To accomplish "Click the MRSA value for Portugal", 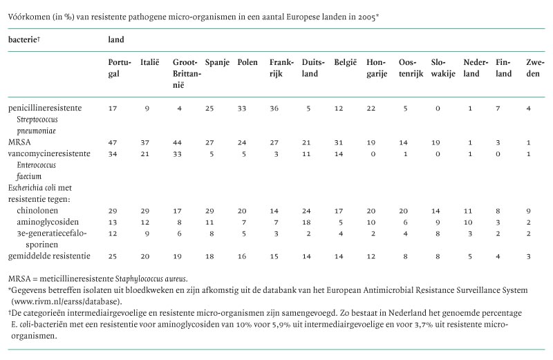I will coord(113,141).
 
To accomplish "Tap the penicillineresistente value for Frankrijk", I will coord(274,108).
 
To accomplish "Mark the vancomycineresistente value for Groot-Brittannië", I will coord(177,152).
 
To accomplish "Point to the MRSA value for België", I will coord(339,141).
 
